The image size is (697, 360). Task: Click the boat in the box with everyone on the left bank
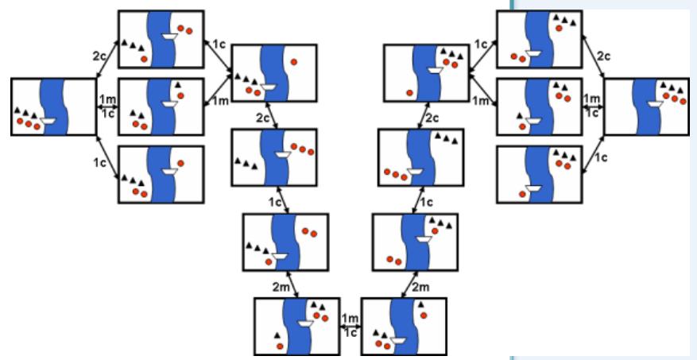48,120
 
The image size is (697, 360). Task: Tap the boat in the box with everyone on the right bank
657,103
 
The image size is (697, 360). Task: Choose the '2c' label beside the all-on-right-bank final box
603,57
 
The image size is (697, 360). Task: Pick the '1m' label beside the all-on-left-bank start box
106,98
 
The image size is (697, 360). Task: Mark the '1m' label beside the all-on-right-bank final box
592,98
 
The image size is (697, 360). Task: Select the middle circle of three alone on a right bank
302,148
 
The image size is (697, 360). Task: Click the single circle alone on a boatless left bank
409,93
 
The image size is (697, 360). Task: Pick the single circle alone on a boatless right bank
294,61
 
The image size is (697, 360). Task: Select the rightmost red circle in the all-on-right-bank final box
683,100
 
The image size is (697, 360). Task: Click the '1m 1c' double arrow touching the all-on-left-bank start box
106,106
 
